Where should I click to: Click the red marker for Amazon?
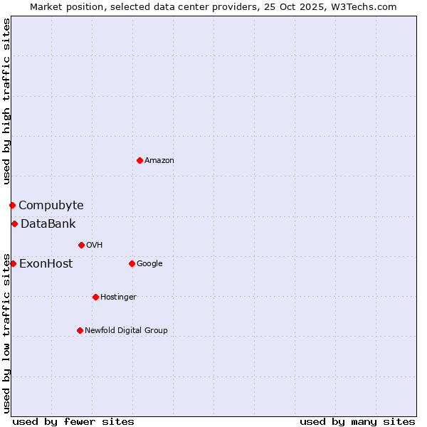pyautogui.click(x=139, y=160)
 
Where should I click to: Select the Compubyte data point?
pyautogui.click(x=12, y=205)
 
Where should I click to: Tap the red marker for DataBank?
pyautogui.click(x=14, y=223)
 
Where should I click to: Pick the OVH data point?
pyautogui.click(x=81, y=245)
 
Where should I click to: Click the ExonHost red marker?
pyautogui.click(x=13, y=263)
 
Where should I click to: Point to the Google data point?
pyautogui.click(x=132, y=263)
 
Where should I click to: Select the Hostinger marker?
pyautogui.click(x=95, y=297)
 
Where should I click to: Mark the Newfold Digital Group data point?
pyautogui.click(x=80, y=330)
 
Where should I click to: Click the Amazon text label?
pyautogui.click(x=159, y=160)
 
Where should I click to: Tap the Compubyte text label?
pyautogui.click(x=51, y=205)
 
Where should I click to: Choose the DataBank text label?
pyautogui.click(x=48, y=223)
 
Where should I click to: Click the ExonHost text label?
pyautogui.click(x=46, y=263)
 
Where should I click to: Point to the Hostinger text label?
pyautogui.click(x=118, y=297)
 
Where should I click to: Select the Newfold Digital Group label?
pyautogui.click(x=126, y=330)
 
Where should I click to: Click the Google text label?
pyautogui.click(x=149, y=263)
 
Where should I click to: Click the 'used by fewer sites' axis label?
pyautogui.click(x=73, y=421)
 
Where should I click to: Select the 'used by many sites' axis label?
pyautogui.click(x=357, y=421)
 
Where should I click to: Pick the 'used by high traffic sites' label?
pyautogui.click(x=6, y=101)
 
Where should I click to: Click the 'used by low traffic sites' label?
pyautogui.click(x=6, y=332)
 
